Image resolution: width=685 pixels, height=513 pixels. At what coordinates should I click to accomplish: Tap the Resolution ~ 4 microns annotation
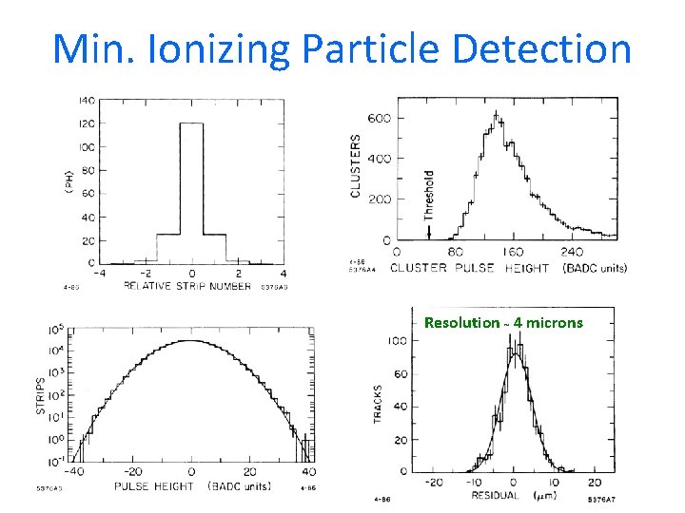pos(503,323)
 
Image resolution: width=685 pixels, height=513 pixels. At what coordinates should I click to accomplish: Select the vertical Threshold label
pos(428,195)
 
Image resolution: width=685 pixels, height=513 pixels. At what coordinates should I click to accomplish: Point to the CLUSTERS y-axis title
pos(356,165)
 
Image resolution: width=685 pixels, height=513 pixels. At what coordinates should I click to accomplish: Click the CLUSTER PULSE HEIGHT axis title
pos(472,268)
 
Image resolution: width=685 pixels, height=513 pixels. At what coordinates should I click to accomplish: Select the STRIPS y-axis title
pos(41,396)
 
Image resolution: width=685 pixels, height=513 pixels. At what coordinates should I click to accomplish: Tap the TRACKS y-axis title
pos(379,404)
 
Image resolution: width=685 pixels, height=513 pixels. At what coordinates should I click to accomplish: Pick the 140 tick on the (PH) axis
pos(85,101)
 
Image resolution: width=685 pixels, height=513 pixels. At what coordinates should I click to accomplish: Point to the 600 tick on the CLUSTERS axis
pos(380,119)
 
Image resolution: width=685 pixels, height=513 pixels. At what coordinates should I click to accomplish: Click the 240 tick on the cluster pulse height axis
pos(572,254)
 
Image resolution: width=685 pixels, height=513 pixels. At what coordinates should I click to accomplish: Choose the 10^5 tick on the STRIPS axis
pos(55,331)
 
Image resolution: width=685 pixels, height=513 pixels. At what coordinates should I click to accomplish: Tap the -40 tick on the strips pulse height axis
pos(73,471)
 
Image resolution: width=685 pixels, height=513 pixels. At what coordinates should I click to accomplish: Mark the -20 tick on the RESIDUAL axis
pos(433,482)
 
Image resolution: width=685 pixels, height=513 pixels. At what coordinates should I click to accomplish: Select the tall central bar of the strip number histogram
pos(191,190)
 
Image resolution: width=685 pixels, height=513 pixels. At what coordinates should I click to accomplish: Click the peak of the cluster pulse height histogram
pos(495,119)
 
